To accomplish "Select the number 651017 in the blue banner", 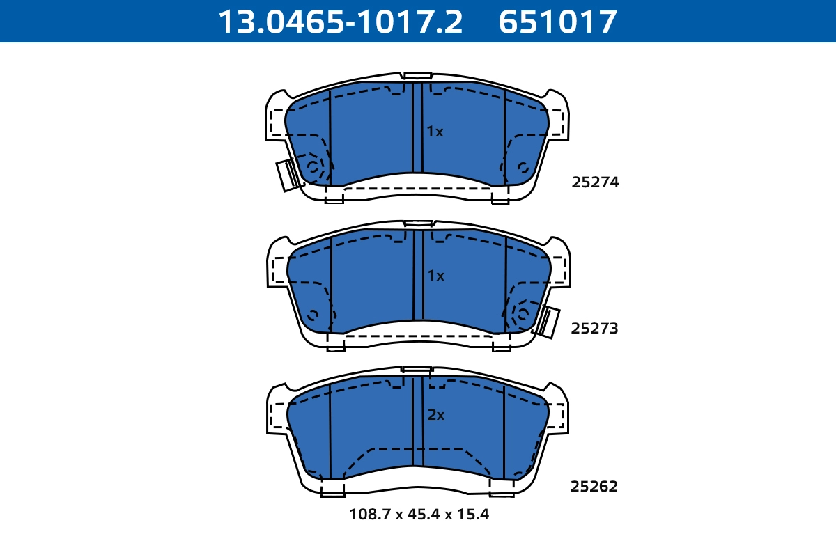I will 557,22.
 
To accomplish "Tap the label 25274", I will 595,182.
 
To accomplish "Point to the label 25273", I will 594,329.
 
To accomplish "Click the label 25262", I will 594,487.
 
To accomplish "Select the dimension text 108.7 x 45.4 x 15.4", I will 419,515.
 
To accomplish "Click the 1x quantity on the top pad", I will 435,132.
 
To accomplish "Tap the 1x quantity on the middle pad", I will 435,276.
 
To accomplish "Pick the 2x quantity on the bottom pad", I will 435,415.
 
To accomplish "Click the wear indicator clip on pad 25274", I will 288,175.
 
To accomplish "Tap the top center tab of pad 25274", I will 418,75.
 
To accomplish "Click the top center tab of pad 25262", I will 417,370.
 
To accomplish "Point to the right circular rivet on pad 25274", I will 522,167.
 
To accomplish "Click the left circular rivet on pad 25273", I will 313,314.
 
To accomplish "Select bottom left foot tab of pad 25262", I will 332,490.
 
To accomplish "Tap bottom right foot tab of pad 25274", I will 500,198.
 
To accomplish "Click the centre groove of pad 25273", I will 419,275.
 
